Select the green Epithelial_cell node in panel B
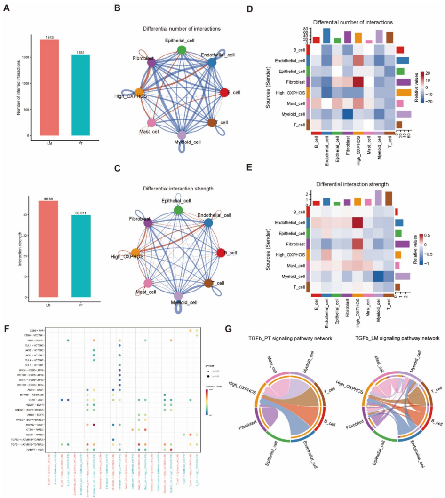pos(182,49)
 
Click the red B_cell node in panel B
pos(224,93)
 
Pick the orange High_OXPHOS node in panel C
pos(135,253)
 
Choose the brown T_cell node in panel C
pos(208,283)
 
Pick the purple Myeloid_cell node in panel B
pos(182,135)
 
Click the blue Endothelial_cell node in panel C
pos(208,222)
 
